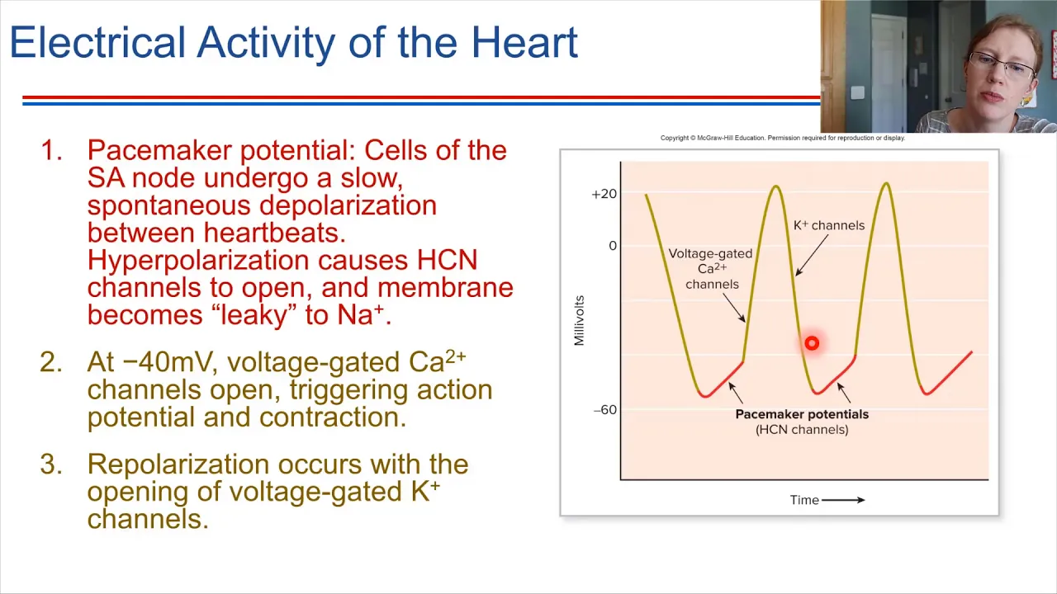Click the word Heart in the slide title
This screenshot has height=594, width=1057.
click(x=524, y=42)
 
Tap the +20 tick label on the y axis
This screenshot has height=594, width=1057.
click(x=604, y=194)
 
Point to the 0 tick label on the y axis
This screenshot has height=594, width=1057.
click(x=613, y=246)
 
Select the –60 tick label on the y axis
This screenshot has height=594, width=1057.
click(x=605, y=410)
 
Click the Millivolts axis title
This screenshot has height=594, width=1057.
click(x=579, y=321)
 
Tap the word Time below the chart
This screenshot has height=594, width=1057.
click(x=804, y=500)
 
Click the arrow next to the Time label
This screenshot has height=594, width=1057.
click(x=843, y=500)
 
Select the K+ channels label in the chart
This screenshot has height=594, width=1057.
click(x=829, y=225)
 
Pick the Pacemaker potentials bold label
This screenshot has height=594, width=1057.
click(x=802, y=414)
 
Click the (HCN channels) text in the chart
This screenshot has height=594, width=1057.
click(x=802, y=430)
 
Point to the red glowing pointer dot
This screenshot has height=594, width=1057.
click(x=812, y=343)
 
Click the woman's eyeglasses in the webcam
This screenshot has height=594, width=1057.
click(x=1002, y=64)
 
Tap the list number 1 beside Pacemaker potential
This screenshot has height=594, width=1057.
click(x=51, y=150)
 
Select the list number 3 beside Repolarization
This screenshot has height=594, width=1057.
click(x=51, y=464)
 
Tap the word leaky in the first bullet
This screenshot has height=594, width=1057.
click(x=254, y=315)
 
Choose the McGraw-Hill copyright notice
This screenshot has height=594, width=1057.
click(x=782, y=138)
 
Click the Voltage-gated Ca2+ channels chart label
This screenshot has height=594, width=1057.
click(x=711, y=269)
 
